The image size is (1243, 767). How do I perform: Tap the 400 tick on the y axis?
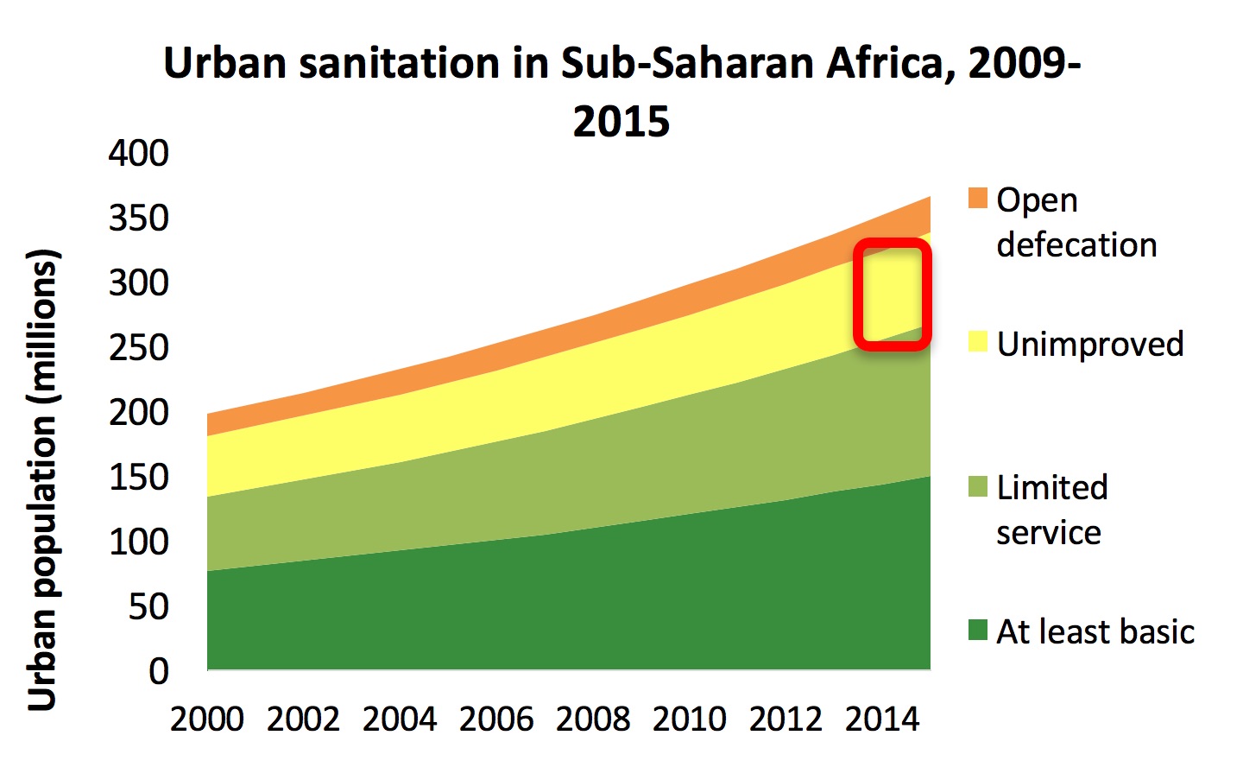click(138, 153)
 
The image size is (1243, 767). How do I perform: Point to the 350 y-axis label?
click(138, 218)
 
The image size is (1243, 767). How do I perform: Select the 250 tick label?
click(138, 347)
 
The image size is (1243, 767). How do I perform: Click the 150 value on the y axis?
click(138, 477)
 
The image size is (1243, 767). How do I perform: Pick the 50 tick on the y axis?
click(148, 606)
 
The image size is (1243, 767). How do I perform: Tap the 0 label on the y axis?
click(159, 671)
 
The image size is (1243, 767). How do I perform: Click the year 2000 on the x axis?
click(207, 719)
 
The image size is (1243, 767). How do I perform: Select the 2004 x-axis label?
click(400, 719)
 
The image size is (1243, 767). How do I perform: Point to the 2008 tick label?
click(593, 719)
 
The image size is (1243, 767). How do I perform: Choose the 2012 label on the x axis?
click(786, 719)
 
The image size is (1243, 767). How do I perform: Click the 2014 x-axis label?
click(882, 719)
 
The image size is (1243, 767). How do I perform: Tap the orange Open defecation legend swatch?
click(977, 198)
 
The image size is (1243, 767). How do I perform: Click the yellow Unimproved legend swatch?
click(977, 342)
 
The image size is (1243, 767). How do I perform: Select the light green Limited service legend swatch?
click(977, 486)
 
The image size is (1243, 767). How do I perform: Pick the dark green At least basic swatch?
click(977, 630)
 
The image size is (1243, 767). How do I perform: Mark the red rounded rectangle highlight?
click(893, 295)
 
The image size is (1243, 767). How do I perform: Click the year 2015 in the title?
click(621, 121)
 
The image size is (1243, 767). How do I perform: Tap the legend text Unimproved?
click(1089, 344)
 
